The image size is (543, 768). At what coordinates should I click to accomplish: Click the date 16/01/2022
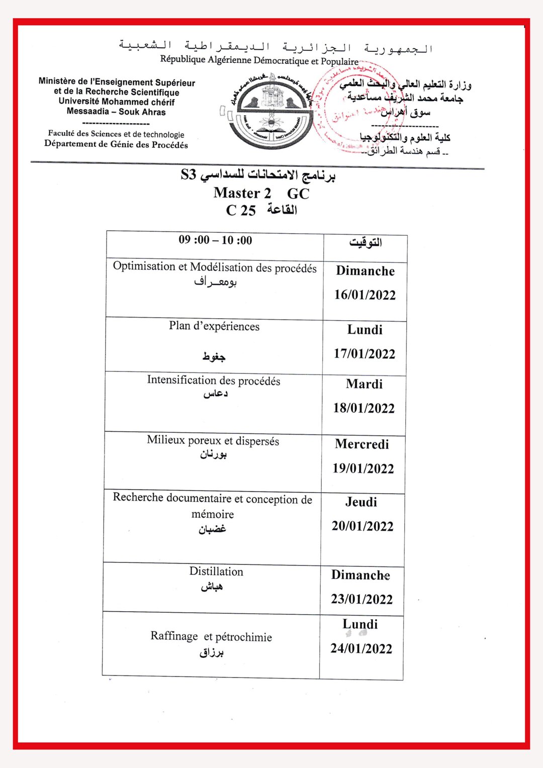[365, 295]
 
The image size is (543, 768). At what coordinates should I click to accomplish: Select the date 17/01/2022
[365, 354]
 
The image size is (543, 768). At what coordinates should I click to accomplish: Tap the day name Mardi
[365, 384]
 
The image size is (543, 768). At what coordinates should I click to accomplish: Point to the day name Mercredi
[362, 444]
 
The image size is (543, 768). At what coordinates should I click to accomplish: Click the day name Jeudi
[361, 502]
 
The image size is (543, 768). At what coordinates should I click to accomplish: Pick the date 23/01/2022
[361, 599]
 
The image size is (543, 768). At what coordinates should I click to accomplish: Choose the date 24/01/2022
[361, 649]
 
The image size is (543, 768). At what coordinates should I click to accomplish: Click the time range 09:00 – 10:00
[215, 240]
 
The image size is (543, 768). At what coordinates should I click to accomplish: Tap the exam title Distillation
[216, 571]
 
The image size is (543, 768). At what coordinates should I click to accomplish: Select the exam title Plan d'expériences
[214, 326]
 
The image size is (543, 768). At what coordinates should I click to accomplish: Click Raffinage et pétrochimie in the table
[211, 637]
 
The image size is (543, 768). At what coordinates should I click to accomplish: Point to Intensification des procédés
[214, 380]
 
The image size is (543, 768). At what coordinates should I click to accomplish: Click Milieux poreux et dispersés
[213, 440]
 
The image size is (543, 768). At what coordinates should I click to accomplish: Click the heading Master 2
[242, 193]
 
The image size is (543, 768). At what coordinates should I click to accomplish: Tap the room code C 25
[241, 210]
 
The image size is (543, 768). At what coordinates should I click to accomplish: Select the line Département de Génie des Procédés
[116, 144]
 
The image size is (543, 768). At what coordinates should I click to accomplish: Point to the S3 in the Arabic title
[188, 175]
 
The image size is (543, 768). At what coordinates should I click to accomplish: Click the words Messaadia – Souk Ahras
[116, 112]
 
